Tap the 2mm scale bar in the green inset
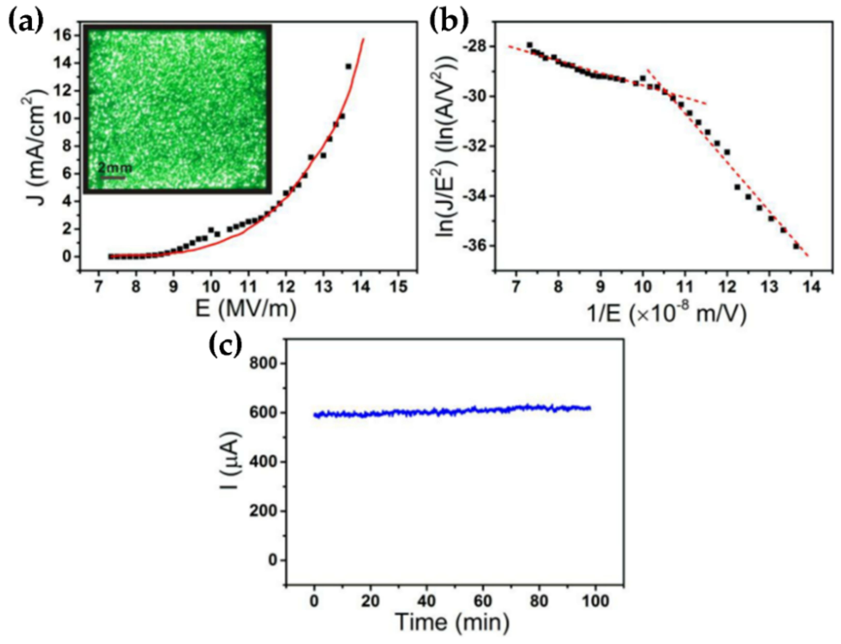pos(113,177)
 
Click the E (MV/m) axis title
pos(245,310)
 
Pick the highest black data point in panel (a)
pos(348,66)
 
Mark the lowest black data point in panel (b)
pos(796,246)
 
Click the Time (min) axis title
pos(452,622)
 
